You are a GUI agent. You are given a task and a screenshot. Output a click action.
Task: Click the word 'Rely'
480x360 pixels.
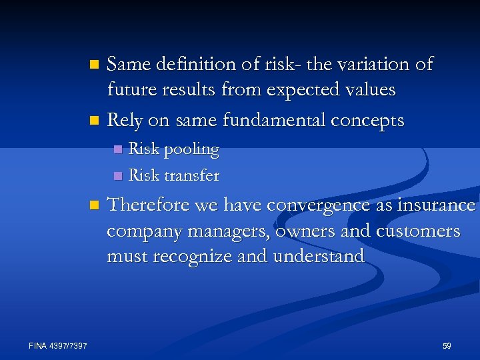coord(123,121)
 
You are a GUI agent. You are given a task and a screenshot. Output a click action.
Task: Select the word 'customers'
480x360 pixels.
coord(418,231)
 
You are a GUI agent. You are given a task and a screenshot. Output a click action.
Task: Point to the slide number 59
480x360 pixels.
coord(447,346)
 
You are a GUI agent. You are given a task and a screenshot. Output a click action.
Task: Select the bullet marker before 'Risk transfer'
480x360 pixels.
coord(117,176)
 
